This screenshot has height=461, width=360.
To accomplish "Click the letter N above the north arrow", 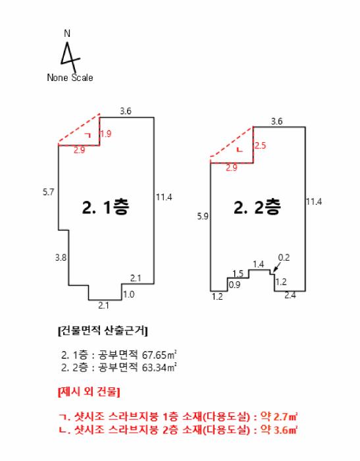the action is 67,34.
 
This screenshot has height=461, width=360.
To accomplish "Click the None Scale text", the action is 70,78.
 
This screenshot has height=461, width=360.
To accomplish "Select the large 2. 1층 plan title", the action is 105,207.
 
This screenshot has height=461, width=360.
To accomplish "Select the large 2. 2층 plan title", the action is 257,207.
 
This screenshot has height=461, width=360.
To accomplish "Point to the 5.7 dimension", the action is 49,192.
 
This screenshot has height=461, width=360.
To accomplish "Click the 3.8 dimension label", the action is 61,258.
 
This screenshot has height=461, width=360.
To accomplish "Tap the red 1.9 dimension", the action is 106,134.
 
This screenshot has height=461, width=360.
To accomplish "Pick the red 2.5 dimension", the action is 260,146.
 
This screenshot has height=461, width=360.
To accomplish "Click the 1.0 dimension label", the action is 129,294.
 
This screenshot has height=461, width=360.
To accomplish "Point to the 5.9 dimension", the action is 203,217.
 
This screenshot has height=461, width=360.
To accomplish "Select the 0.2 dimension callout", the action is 284,258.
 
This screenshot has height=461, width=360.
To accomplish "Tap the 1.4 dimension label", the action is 259,264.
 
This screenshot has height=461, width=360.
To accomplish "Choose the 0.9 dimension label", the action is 234,285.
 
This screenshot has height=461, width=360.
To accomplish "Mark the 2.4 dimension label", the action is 290,295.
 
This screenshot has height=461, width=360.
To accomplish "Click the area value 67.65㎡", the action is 159,354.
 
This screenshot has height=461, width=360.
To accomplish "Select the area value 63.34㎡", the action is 159,367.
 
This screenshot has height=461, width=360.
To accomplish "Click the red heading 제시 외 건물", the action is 89,392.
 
